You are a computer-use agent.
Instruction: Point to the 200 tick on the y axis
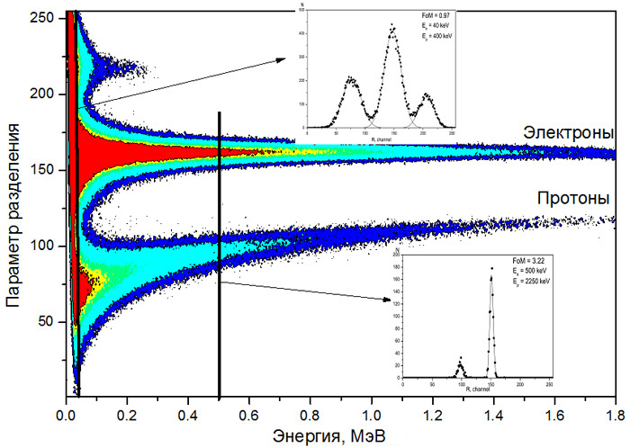pyautogui.click(x=64, y=94)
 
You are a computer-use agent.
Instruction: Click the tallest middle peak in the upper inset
pyautogui.click(x=392, y=27)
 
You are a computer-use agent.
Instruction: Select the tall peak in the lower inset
pyautogui.click(x=491, y=269)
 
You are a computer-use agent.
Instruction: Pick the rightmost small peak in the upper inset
pyautogui.click(x=427, y=95)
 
